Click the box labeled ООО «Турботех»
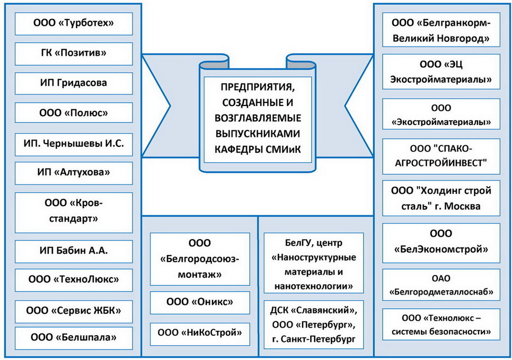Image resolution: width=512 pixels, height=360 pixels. click(x=74, y=24)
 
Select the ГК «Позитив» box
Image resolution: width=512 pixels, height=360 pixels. click(x=74, y=54)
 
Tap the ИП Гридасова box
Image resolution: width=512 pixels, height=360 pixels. click(x=74, y=84)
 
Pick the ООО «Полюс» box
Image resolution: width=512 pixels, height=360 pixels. click(x=74, y=113)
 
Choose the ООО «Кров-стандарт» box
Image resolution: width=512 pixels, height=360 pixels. click(x=74, y=212)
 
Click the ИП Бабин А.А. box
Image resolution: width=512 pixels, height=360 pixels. click(x=74, y=251)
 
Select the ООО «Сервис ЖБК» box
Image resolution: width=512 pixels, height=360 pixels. click(x=74, y=311)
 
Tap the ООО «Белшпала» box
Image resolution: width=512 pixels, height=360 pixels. click(x=74, y=338)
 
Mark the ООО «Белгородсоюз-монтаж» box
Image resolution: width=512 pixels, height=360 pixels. click(x=200, y=259)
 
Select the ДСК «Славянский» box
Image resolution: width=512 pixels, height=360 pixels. click(x=314, y=324)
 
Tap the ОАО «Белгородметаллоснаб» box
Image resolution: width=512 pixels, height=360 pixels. click(x=441, y=285)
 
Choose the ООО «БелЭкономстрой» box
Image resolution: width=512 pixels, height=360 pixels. click(x=441, y=243)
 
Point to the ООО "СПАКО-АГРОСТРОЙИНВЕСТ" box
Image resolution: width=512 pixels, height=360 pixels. click(x=441, y=156)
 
